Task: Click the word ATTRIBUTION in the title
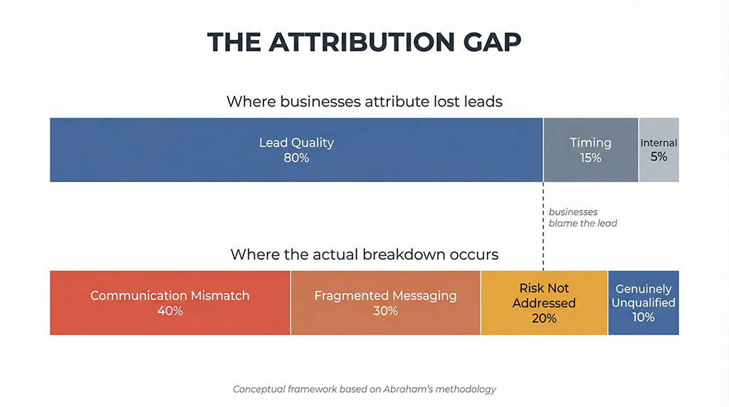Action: tap(362, 42)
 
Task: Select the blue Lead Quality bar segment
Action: tap(296, 149)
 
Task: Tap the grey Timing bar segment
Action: tap(590, 149)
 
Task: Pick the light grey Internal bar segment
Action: tap(659, 149)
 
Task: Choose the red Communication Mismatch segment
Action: tap(169, 302)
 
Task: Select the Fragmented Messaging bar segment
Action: tap(385, 302)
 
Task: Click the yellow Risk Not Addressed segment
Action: tap(544, 302)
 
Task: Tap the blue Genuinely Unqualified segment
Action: tap(644, 302)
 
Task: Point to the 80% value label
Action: tap(296, 158)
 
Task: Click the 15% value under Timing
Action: tap(590, 158)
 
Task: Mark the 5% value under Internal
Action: tap(659, 157)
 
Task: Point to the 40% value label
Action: tap(169, 311)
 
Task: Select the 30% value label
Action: tap(385, 311)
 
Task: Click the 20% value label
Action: tap(544, 318)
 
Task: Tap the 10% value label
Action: tap(644, 317)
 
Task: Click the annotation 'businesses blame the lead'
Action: tap(582, 218)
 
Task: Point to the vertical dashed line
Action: tap(543, 226)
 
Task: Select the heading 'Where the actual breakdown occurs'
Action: tap(364, 255)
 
